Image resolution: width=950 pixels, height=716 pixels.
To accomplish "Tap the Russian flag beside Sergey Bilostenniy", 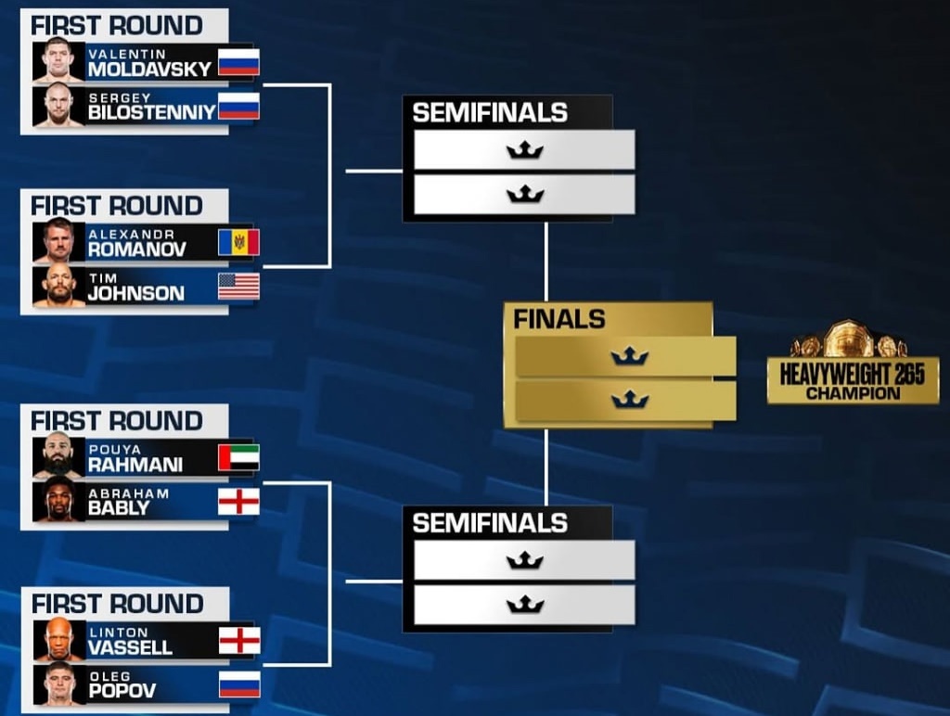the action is pos(238,106).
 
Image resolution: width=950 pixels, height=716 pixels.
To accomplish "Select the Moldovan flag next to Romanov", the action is pos(238,242).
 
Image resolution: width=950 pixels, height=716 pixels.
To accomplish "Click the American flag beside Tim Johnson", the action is pos(238,287).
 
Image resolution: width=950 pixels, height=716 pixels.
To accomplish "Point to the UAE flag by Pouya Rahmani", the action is pos(238,457).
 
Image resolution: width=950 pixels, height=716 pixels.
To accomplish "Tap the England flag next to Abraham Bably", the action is pos(238,502).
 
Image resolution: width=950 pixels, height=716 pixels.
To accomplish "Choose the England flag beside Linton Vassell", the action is pos(239,640).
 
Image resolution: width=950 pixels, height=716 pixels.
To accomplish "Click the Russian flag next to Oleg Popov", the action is pos(239,684).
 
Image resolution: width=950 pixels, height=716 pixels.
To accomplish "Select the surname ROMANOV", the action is pos(137,249).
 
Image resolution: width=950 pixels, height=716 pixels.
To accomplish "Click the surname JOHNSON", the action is pos(136,294).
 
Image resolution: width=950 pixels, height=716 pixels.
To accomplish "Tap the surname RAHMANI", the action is pos(135,465).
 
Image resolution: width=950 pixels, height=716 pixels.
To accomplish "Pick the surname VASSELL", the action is pos(131,647).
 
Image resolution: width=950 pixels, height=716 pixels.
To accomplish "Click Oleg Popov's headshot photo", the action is pos(59,684).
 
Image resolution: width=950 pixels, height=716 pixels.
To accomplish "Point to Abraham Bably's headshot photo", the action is pos(58,501).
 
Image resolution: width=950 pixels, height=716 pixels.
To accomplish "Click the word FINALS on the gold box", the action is pos(559,319).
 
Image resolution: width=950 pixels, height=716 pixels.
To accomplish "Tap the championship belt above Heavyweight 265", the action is pos(849,339).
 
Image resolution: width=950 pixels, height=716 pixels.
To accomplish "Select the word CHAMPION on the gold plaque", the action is pos(854,394).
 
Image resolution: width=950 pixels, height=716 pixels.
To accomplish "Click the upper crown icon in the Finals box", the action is pos(630,356).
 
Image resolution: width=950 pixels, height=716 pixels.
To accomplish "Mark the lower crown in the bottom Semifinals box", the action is pos(525,604).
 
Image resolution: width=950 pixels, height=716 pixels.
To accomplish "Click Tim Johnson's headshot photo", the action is pos(58,286).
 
